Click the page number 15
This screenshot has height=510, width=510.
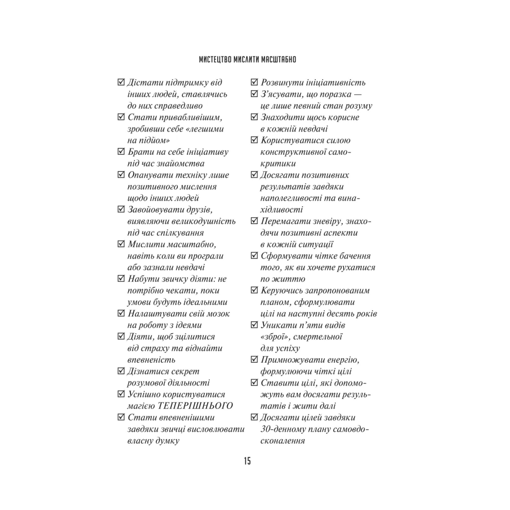(247, 461)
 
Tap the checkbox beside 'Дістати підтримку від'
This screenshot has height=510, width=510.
(121, 83)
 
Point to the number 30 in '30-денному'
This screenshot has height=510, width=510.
(266, 429)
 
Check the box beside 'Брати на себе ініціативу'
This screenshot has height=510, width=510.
(121, 152)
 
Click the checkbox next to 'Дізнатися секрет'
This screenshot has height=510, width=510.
(121, 372)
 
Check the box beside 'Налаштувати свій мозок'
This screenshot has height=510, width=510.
(121, 314)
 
